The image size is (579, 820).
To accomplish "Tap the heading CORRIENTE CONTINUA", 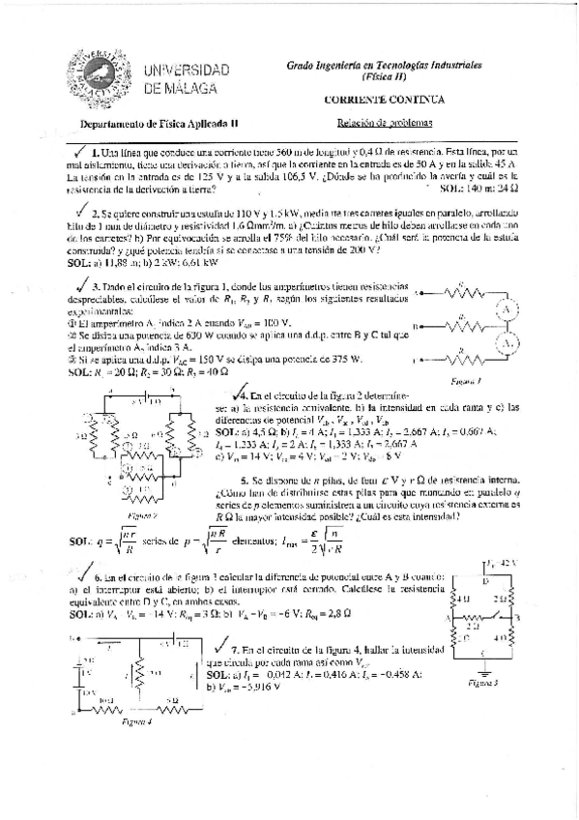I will pyautogui.click(x=384, y=100).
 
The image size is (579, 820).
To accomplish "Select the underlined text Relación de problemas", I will pyautogui.click(x=383, y=123).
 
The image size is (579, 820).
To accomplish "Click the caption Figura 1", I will pyautogui.click(x=466, y=380).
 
